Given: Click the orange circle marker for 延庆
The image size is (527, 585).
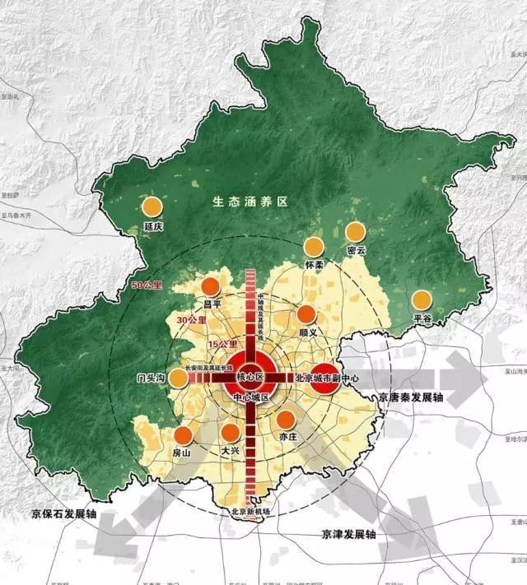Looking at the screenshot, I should pos(151,208).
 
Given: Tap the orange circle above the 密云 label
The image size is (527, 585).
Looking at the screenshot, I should pos(355,232).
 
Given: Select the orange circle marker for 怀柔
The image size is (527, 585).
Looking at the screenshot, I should pos(314,247).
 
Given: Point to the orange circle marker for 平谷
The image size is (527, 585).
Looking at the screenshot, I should pos(422,300).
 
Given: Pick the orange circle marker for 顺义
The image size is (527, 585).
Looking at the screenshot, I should pos(306,313).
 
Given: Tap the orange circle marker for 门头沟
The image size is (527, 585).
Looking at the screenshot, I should pos(179,377).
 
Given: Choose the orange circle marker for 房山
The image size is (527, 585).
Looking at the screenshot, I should pos(183,436).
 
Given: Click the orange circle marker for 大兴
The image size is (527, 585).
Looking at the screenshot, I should pos(231,433).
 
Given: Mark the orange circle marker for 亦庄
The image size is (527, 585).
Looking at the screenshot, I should pos(287,420).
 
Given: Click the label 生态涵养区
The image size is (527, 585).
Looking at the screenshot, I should pos(250,201).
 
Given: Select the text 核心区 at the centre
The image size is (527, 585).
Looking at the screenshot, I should pos(249,377).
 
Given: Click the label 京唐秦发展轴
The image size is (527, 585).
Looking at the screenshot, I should pos(411,397).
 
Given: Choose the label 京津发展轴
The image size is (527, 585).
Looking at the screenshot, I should pos(348,534).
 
